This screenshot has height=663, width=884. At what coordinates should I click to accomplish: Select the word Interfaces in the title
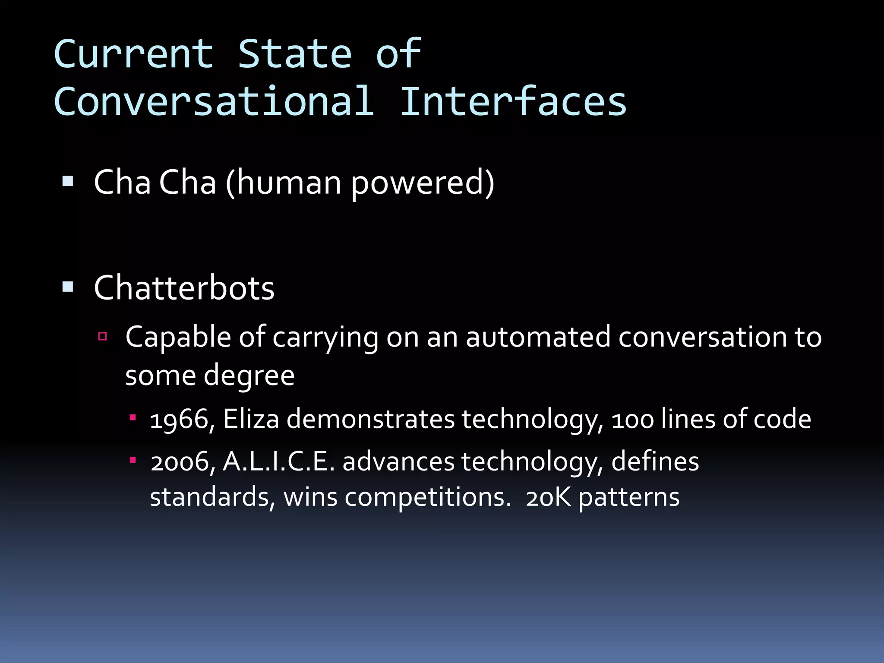tap(513, 101)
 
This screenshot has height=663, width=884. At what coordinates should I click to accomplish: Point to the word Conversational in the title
tap(214, 101)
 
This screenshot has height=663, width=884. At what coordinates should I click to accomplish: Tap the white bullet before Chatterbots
tap(68, 287)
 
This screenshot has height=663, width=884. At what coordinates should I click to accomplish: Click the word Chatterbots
tap(184, 288)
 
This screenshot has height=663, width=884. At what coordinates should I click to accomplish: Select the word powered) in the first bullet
tap(423, 183)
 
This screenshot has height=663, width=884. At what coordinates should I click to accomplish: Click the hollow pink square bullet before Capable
tap(103, 336)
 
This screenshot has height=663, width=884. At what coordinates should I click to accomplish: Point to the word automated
tap(538, 337)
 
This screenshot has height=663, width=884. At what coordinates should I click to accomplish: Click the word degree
tap(249, 375)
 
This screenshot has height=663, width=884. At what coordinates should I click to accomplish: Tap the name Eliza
tap(251, 419)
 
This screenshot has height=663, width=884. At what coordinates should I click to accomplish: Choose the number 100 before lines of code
tap(632, 419)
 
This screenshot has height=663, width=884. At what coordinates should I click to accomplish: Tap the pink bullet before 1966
tap(133, 417)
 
